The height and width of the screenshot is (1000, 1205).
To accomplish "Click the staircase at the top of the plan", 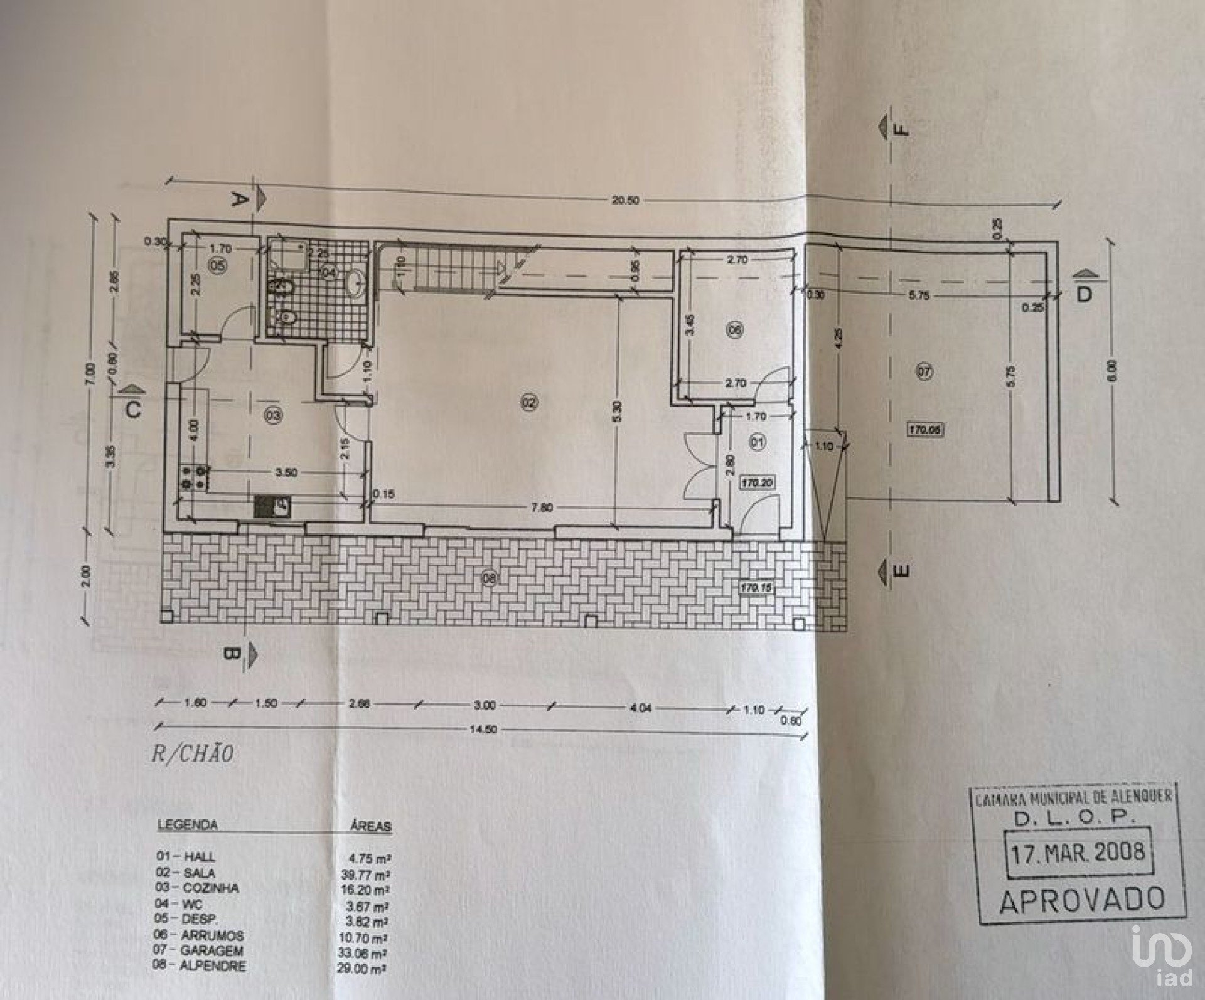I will point(449,266).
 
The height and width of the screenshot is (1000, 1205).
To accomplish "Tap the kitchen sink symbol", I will point(273,506).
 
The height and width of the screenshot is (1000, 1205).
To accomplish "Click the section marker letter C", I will point(132,409).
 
